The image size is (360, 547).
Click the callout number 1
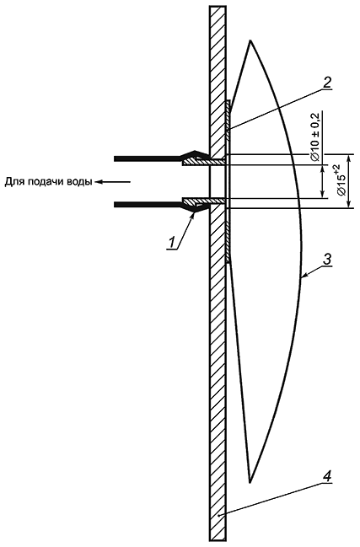tap(171, 243)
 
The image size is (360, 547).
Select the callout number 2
tap(326, 82)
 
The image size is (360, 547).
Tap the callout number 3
tap(326, 260)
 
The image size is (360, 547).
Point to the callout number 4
tap(327, 476)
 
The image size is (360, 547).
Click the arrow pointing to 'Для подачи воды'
tap(113, 182)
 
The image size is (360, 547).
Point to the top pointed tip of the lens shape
tap(250, 41)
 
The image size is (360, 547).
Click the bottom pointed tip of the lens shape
tap(250, 482)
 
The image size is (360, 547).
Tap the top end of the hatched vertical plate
tap(218, 6)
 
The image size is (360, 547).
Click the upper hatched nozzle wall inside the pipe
tap(205, 162)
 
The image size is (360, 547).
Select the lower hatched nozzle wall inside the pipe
tap(205, 201)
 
